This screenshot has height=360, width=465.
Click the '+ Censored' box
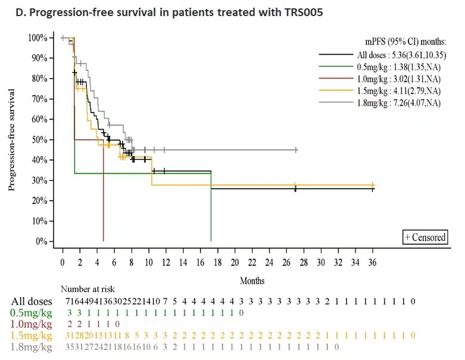(425, 237)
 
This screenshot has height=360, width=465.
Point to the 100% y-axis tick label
(38, 38)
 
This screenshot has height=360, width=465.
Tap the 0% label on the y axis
(41, 242)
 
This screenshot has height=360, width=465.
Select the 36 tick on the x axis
(373, 262)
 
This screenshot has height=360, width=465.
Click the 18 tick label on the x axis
(217, 262)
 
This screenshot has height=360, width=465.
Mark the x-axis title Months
(252, 280)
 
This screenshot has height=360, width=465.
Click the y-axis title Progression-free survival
(11, 140)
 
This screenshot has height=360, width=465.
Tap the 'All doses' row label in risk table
(32, 302)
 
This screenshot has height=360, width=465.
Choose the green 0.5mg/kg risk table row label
(32, 313)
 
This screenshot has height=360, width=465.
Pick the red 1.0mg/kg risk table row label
(32, 324)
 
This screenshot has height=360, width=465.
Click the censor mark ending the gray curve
(296, 150)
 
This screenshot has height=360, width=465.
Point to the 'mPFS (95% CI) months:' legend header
(405, 42)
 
